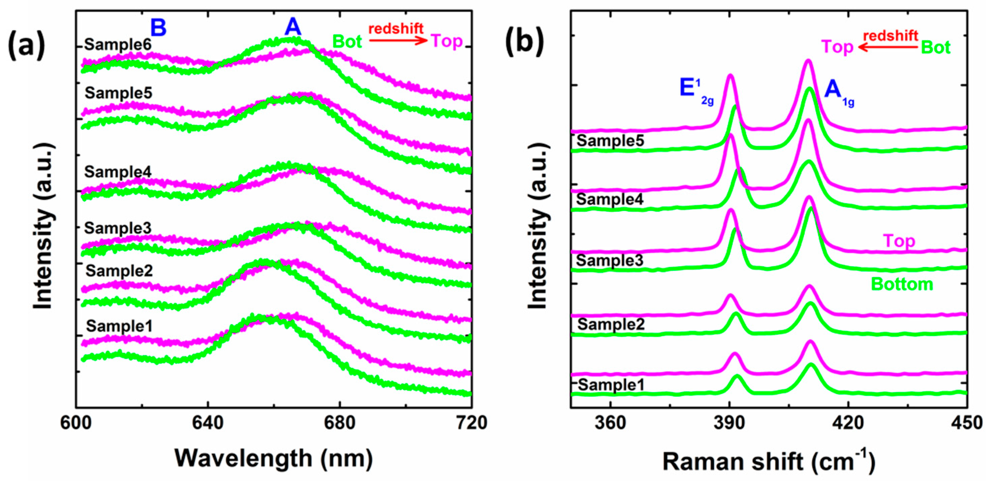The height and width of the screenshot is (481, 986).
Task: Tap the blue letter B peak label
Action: [x=158, y=28]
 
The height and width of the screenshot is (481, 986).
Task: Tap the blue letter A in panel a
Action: [x=293, y=27]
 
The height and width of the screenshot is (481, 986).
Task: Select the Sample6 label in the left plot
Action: [x=118, y=45]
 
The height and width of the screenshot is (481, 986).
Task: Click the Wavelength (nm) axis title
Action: [x=274, y=458]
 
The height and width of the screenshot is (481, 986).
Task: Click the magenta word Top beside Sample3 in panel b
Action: [x=899, y=241]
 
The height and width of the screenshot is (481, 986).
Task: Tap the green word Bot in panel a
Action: [x=347, y=41]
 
